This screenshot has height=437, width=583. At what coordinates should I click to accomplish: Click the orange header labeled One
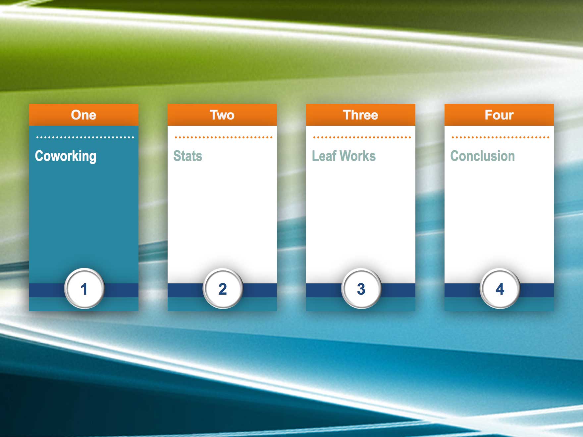(x=83, y=115)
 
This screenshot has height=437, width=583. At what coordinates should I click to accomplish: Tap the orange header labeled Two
(x=222, y=115)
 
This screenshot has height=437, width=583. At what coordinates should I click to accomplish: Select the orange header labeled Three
(x=360, y=115)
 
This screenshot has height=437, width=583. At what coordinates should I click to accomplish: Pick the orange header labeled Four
(x=499, y=115)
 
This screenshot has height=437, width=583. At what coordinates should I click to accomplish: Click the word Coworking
(x=66, y=156)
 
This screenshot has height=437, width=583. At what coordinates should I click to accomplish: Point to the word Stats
(x=187, y=156)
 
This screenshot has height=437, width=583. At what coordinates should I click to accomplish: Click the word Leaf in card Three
(x=324, y=156)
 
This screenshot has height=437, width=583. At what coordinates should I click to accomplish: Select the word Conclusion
(x=482, y=156)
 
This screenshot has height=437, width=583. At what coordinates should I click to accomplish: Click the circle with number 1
(x=84, y=288)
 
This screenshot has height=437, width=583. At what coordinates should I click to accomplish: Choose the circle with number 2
(x=223, y=288)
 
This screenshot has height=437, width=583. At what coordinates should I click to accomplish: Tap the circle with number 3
(x=361, y=288)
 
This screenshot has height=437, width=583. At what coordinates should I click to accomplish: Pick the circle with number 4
(x=500, y=288)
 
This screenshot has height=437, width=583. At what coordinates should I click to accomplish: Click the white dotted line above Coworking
(x=85, y=137)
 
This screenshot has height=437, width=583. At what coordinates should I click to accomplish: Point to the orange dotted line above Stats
(x=223, y=137)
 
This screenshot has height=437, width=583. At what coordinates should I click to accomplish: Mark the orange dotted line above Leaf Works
(x=362, y=137)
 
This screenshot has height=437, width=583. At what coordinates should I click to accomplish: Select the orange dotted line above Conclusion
(x=500, y=137)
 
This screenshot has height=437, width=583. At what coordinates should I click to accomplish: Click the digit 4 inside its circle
(x=500, y=289)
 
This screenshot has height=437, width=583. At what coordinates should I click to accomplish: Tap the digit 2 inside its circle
(x=223, y=289)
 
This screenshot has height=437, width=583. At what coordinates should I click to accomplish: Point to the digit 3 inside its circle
(x=361, y=289)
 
